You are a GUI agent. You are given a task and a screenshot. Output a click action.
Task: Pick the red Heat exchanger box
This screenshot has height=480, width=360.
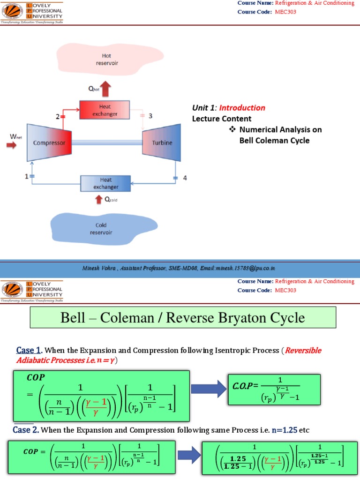pos(105,110)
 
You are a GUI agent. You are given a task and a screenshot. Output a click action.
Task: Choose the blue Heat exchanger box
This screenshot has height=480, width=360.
pos(105,183)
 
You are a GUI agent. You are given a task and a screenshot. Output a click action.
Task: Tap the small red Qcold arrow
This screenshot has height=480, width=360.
pos(98,200)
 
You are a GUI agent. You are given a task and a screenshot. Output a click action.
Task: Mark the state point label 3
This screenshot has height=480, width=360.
pos(150,116)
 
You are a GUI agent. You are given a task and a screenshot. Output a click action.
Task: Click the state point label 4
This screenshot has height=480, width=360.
pos(184,178)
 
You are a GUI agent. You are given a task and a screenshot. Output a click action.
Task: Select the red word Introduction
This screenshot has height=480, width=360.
pos(243,108)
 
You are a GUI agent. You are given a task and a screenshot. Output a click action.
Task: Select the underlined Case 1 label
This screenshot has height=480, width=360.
pos(29,350)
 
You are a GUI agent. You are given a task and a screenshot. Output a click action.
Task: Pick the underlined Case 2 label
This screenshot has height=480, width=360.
pos(29,430)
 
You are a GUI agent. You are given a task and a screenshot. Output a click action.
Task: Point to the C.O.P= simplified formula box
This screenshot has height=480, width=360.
pos(274,389)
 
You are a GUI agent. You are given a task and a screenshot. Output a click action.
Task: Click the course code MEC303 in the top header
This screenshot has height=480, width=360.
pos(286,12)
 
